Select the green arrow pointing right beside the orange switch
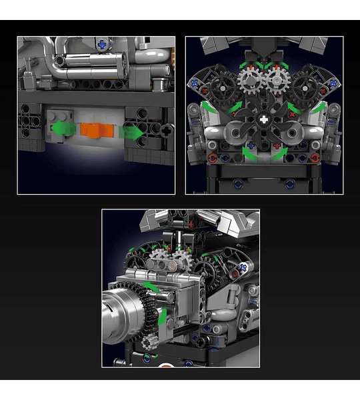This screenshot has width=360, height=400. [131, 133]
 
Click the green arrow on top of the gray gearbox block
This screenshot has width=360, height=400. [153, 286]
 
